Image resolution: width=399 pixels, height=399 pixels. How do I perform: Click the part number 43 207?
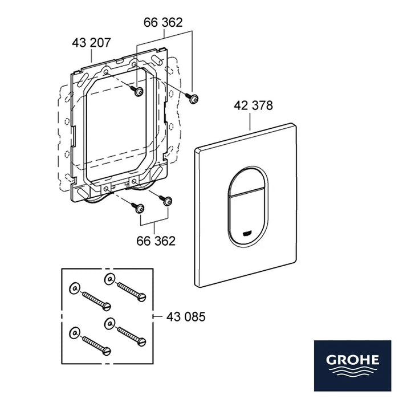(91, 43)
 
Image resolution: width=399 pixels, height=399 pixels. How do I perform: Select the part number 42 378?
(253, 105)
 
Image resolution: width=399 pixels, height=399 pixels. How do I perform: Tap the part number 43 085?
(186, 317)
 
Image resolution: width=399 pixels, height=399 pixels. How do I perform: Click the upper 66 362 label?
(163, 22)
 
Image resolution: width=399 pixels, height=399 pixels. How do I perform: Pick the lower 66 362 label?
(156, 241)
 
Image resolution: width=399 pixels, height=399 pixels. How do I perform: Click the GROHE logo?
(352, 366)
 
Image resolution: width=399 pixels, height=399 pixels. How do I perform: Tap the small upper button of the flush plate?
(247, 182)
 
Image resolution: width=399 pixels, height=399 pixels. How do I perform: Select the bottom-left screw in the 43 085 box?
(97, 345)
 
